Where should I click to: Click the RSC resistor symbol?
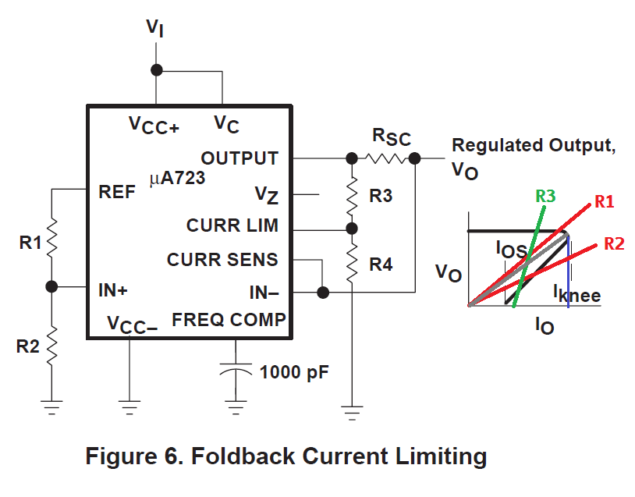pos(386,158)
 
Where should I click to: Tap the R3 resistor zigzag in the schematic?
pos(352,196)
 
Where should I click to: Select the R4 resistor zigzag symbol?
pos(352,263)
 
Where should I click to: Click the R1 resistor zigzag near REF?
pos(51,238)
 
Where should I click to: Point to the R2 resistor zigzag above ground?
pos(51,346)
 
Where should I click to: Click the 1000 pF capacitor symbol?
pos(236,368)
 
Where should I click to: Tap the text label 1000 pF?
pos(294,372)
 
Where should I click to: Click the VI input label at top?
pos(155,28)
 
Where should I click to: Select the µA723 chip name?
pos(177,178)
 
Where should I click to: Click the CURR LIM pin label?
pos(232,225)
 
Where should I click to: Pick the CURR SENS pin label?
pos(222,260)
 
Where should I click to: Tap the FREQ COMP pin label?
pos(229,320)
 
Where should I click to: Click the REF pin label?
pos(117,192)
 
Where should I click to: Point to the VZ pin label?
pos(267,195)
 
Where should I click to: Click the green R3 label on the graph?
pos(545,196)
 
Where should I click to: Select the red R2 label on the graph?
pos(615,244)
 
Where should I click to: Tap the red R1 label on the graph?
pos(605,201)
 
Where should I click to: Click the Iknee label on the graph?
pos(577,293)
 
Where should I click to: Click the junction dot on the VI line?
pos(156,70)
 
